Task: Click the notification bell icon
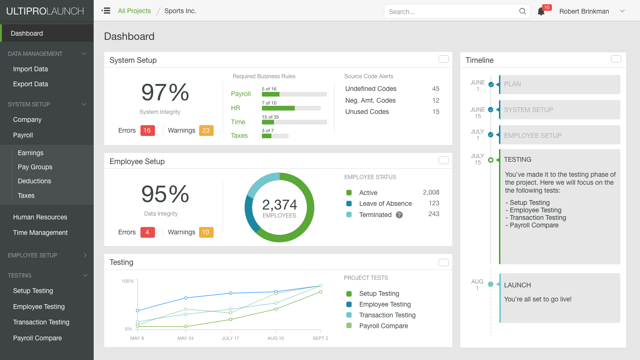(x=541, y=11)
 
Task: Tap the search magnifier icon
(x=522, y=11)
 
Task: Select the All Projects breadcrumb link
(x=134, y=11)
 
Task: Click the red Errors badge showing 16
(x=148, y=130)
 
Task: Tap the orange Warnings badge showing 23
(x=206, y=130)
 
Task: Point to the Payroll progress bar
(x=294, y=94)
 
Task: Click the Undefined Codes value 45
(x=435, y=89)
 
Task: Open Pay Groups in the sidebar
(x=35, y=167)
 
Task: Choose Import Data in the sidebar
(x=30, y=69)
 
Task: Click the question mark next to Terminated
(x=399, y=215)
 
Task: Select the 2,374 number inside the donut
(x=279, y=205)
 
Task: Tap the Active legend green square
(x=349, y=193)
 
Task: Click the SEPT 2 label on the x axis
(x=320, y=338)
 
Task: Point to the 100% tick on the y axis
(x=128, y=281)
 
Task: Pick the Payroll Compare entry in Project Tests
(x=383, y=326)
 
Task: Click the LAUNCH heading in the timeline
(x=517, y=285)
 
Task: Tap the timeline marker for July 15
(x=491, y=160)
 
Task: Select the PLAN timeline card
(x=559, y=84)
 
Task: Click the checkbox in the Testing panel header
(x=443, y=262)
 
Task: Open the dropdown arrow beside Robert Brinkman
(x=622, y=11)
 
